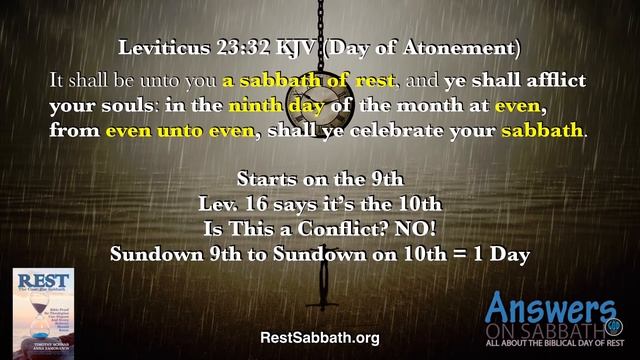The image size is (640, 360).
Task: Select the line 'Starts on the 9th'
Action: [320, 180]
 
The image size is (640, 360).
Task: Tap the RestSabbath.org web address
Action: [319, 338]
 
